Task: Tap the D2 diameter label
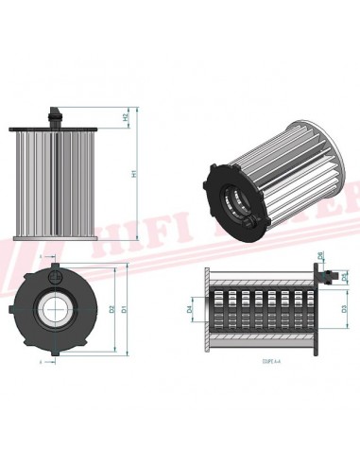[111, 307]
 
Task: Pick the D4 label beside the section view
[189, 308]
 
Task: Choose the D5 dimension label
[344, 275]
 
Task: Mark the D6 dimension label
[322, 256]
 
